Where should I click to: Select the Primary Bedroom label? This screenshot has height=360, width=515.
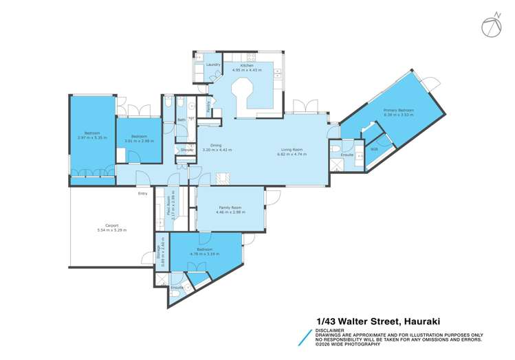[x=398, y=110]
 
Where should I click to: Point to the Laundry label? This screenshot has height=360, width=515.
[x=212, y=65]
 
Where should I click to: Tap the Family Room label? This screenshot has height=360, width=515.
[x=230, y=207]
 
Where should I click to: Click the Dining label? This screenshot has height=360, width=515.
[x=215, y=145]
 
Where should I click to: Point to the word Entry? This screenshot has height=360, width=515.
[x=142, y=194]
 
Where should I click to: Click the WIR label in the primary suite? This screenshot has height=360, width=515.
[x=374, y=148]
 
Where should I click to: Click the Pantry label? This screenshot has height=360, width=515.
[x=209, y=106]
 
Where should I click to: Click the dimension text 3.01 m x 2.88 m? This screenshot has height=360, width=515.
[x=139, y=141]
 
